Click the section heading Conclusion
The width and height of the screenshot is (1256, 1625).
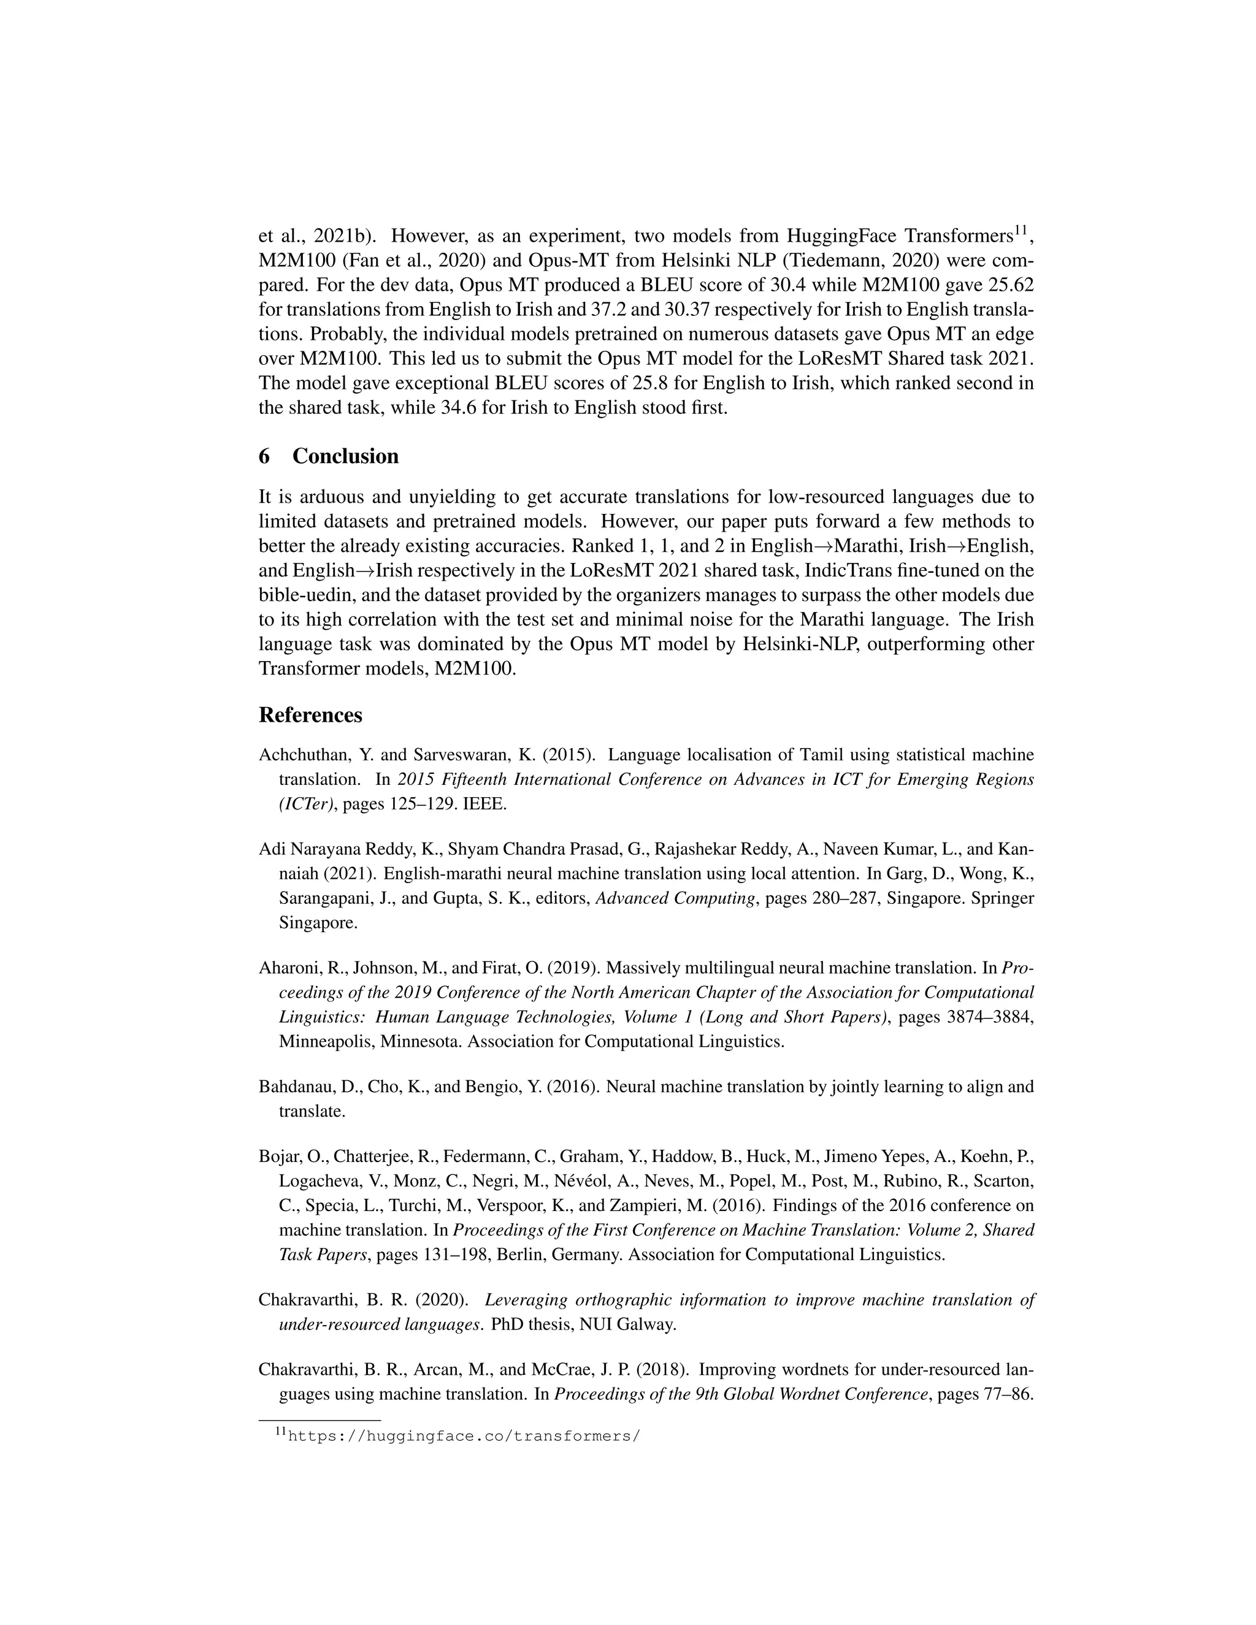345,456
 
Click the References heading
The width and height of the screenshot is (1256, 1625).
310,715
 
